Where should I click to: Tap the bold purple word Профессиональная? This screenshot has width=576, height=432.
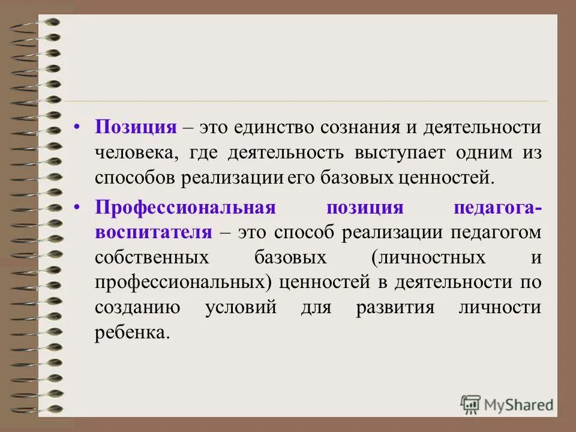click(185, 208)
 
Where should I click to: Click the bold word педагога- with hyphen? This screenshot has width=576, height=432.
click(497, 208)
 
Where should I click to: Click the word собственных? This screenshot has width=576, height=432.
click(152, 257)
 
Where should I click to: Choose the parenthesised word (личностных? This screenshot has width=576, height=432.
click(428, 257)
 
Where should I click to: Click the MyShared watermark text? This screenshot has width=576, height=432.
click(520, 404)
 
